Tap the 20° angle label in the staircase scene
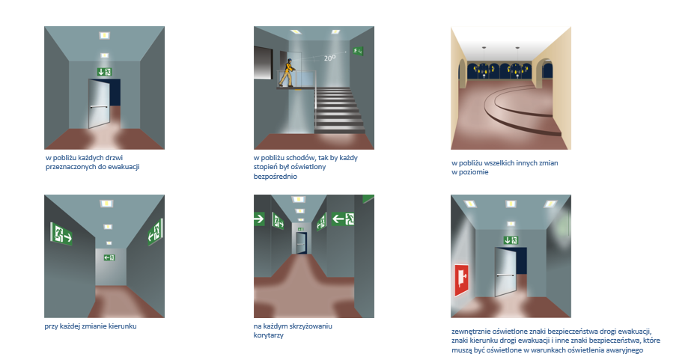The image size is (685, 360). coord(330,58)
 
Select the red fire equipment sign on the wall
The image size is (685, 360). coord(461,280)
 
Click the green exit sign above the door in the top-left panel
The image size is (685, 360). coord(104,72)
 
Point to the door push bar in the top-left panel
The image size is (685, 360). coord(99,106)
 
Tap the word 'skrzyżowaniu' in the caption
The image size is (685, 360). coord(310,326)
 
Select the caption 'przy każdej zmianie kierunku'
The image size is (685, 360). coord(91,326)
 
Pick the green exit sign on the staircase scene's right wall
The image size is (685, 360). coord(359,51)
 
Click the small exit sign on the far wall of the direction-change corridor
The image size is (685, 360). coord(109,257)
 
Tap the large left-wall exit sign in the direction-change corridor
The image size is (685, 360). coord(61,234)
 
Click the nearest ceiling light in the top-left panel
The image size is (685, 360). coord(104,35)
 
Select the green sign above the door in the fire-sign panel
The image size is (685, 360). coord(511,240)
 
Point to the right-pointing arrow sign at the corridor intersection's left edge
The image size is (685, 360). coord(259,219)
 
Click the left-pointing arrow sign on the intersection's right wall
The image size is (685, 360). coord(343,218)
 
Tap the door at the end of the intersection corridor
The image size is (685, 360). coord(301,243)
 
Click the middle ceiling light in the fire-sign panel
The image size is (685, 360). coord(511,204)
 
